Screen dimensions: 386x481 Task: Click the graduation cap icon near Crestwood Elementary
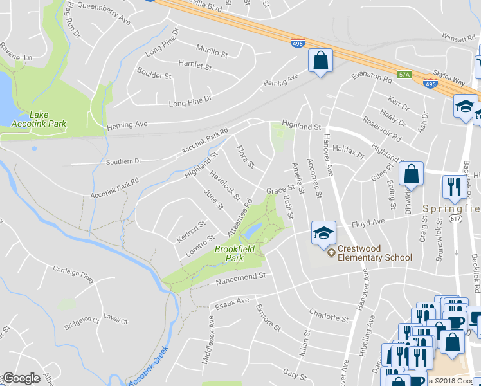point(323,233)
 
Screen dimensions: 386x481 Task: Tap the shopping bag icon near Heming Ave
point(320,61)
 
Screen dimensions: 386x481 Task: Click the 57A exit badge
point(404,75)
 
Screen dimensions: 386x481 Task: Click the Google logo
point(21,378)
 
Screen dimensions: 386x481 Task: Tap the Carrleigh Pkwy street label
point(73,275)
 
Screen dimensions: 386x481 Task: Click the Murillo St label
point(213,52)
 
